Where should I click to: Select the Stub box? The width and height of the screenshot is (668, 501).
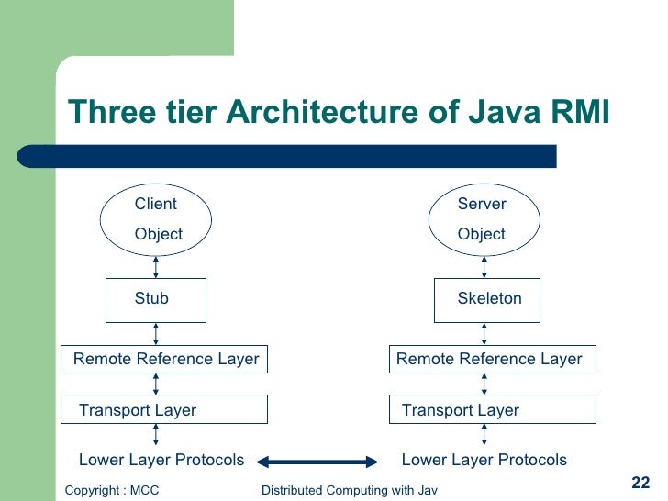point(156,299)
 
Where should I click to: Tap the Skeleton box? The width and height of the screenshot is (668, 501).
point(488,299)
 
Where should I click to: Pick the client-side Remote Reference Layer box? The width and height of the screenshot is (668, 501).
point(164,359)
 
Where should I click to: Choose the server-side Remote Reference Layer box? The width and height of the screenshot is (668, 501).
point(493,359)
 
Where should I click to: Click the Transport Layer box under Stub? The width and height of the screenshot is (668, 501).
point(164,410)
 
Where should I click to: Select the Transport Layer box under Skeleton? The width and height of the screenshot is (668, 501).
point(493,410)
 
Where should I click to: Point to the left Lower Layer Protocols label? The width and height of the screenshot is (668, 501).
point(161,460)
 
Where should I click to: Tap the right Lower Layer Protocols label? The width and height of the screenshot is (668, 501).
point(484,460)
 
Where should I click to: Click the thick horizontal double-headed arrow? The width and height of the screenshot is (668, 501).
point(317,461)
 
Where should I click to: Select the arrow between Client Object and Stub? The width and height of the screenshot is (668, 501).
point(157,266)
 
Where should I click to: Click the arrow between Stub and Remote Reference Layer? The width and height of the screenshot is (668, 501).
point(157,333)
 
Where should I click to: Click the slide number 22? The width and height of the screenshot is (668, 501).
point(641,484)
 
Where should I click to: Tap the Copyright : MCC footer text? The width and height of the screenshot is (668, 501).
point(112,491)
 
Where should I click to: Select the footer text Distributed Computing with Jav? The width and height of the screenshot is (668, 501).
point(349,491)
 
